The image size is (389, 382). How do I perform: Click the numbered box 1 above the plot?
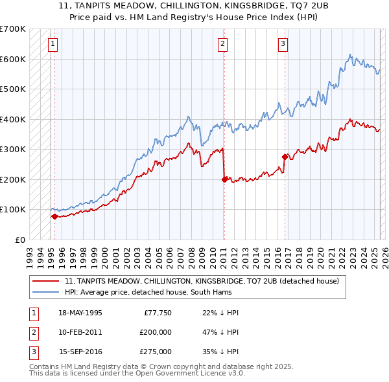coord(52,44)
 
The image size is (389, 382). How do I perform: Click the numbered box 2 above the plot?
coord(222,44)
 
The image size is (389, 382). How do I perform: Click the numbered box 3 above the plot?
coord(283,44)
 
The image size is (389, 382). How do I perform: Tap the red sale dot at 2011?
coord(224,179)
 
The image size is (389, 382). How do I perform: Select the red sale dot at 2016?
coord(285,157)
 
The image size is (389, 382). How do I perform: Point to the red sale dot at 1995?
coord(54,217)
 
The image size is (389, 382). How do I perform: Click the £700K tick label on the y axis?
coord(13,29)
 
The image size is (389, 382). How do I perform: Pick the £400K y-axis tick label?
coord(13,119)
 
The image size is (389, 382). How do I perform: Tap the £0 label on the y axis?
coord(19,240)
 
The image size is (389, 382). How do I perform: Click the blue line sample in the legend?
coord(46,292)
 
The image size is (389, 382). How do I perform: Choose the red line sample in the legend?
coord(46,281)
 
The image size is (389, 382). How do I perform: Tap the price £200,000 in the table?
coord(156,333)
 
